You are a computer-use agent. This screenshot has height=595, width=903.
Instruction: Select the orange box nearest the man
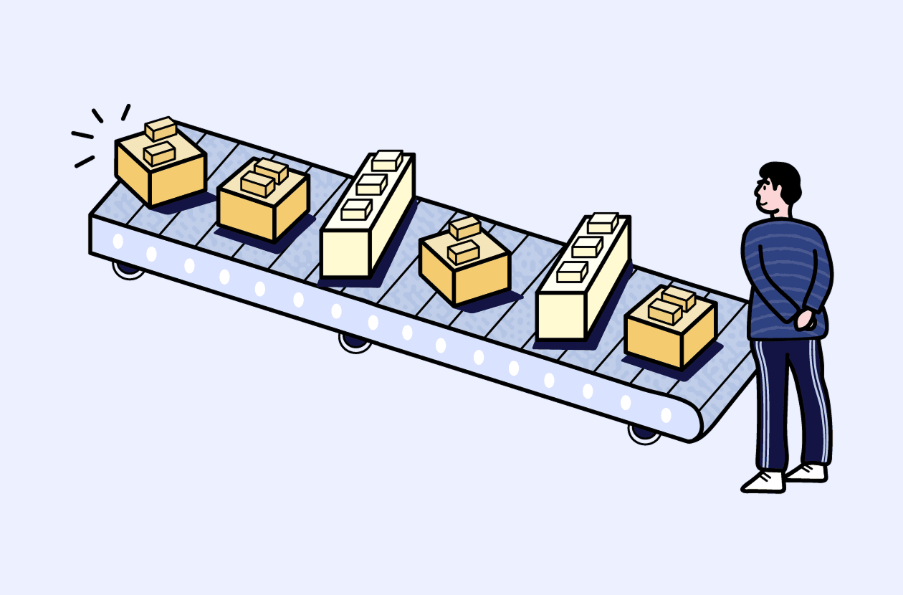click(x=670, y=333)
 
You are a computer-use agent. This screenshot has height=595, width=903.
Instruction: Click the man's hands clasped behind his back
click(x=806, y=318)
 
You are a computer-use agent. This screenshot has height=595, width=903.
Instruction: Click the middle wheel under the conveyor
click(x=355, y=342)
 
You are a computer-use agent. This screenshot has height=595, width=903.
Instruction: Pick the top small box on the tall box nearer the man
click(x=603, y=223)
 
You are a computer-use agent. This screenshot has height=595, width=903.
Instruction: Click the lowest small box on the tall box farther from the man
click(x=356, y=209)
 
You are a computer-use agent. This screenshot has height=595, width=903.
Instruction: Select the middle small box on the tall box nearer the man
click(x=587, y=247)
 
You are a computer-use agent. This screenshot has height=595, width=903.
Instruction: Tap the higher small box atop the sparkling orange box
click(x=161, y=128)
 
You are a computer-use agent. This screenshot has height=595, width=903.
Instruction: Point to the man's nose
click(x=756, y=194)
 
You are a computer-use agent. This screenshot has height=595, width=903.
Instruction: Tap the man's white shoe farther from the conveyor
click(x=807, y=472)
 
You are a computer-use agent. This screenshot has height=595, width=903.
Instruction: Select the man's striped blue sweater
click(x=785, y=272)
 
